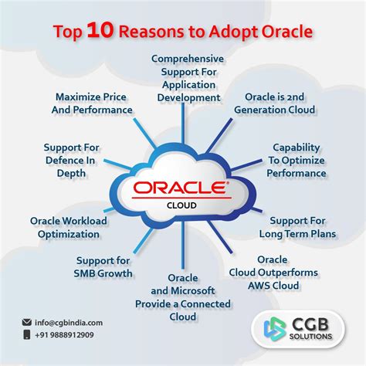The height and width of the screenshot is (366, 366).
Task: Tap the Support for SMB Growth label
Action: pos(103,266)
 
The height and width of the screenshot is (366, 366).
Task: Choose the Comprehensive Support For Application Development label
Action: pos(188,78)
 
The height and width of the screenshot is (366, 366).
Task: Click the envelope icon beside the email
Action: pos(27,323)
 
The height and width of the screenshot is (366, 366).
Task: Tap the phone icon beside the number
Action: pos(27,336)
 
